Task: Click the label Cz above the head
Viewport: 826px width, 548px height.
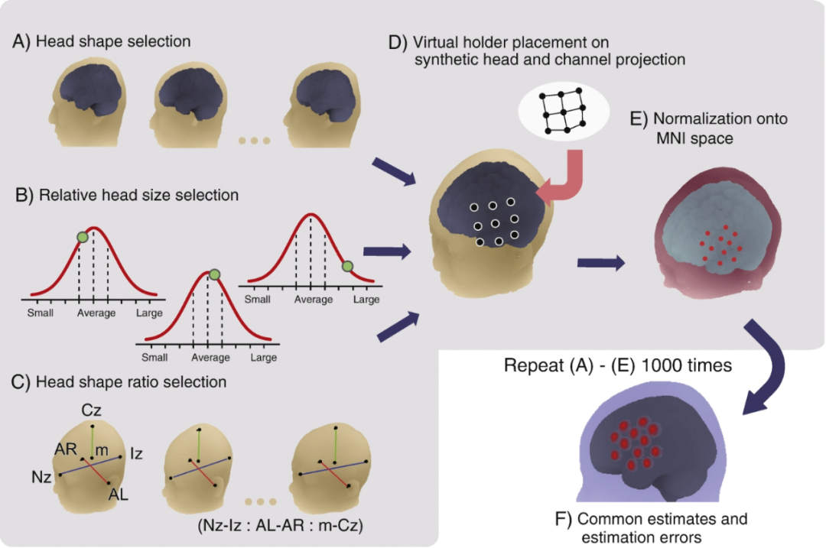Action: (91, 410)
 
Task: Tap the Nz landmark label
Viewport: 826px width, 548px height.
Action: (41, 478)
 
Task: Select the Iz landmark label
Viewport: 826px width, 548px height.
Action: (136, 453)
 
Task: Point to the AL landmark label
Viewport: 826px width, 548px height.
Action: (118, 494)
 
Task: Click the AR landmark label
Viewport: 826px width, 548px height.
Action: (66, 449)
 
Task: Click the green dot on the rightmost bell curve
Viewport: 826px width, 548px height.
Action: (347, 267)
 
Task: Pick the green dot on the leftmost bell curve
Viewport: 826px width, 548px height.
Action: (83, 238)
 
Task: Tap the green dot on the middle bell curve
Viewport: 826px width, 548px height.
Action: (214, 274)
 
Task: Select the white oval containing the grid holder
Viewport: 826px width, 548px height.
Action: (564, 112)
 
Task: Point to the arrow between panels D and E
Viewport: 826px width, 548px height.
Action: (601, 262)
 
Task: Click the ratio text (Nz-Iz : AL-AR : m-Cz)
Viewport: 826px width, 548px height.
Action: (280, 525)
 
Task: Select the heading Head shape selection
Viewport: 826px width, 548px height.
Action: (113, 41)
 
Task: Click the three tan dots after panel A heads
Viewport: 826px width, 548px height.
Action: (255, 141)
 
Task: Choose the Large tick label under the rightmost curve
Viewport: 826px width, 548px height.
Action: (366, 299)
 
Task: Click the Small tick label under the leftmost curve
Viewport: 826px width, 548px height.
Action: (40, 313)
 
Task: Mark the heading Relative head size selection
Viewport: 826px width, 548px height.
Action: (138, 195)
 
